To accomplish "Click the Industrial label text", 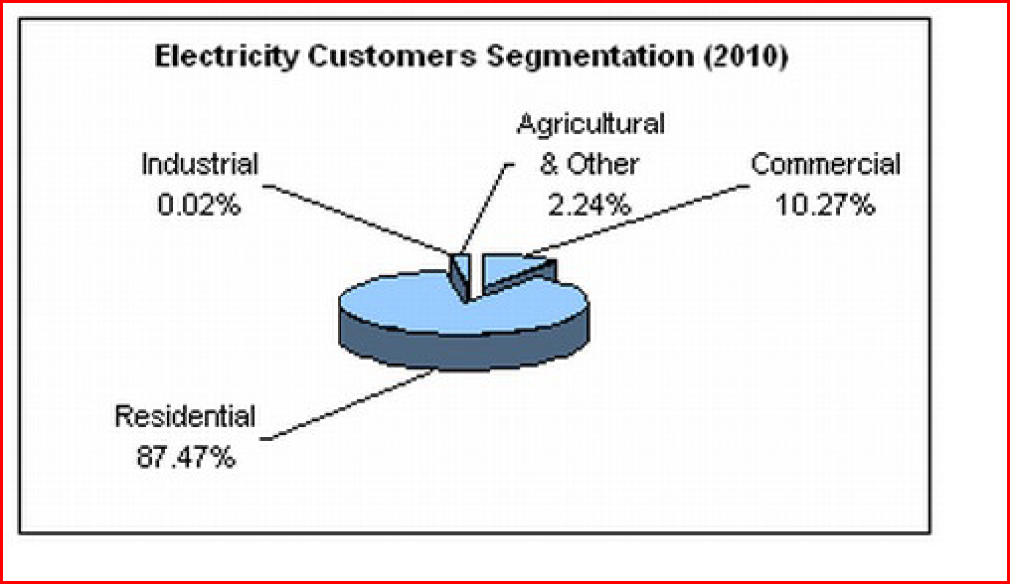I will coord(200,165).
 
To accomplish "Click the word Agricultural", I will coord(590,124).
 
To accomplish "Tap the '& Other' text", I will coord(589,164).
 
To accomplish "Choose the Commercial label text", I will coord(825,165).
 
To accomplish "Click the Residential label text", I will coord(185,416).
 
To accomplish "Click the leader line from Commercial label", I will coord(636,218).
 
